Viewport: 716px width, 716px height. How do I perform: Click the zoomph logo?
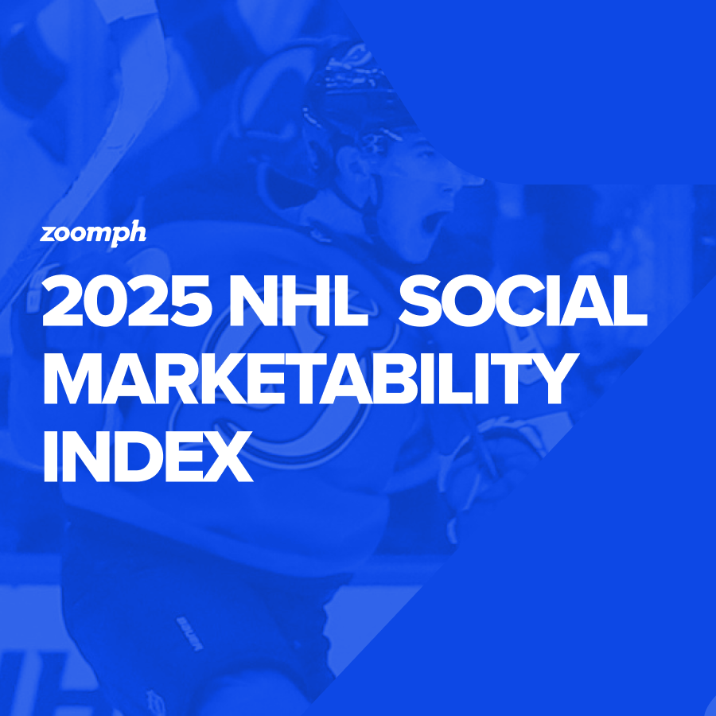click(92, 234)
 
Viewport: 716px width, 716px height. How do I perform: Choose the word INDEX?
click(148, 456)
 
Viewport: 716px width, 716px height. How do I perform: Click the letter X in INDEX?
click(228, 456)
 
